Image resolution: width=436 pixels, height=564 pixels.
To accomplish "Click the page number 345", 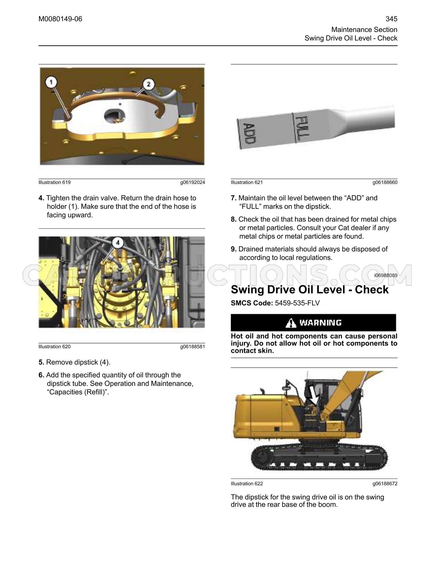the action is [391, 19].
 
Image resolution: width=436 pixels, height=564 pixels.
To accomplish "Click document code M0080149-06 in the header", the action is [60, 19].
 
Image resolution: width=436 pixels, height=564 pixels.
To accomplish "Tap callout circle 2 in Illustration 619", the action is [149, 84].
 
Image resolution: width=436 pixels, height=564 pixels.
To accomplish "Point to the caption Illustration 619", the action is [54, 182].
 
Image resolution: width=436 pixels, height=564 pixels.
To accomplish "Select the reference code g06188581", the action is [193, 347].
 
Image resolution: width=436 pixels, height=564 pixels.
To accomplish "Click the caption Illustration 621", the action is [247, 182].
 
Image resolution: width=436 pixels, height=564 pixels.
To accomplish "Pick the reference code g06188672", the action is [385, 484].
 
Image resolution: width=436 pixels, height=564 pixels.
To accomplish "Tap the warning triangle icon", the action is [291, 323].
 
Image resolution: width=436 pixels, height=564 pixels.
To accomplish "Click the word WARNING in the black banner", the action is [320, 323].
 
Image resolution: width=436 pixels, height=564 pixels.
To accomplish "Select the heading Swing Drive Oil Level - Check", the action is [310, 290].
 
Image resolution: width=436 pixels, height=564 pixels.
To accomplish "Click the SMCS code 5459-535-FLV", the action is [297, 303].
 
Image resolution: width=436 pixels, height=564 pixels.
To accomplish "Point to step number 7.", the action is [234, 198].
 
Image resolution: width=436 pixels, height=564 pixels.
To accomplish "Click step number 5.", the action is [41, 362].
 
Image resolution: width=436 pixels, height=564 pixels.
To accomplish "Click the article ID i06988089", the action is [386, 275].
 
